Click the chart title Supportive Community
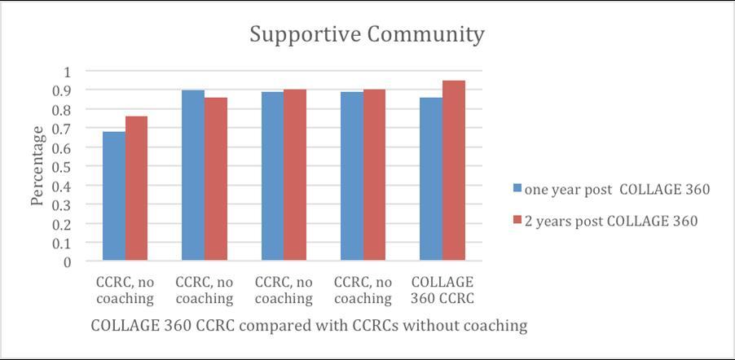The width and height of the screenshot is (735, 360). pos(367,35)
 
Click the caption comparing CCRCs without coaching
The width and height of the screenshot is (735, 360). pos(309,326)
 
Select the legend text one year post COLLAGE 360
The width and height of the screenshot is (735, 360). pos(618,190)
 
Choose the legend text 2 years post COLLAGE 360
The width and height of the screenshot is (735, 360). pos(611,221)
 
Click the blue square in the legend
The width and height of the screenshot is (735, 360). pos(517,189)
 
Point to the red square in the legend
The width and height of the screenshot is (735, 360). pos(517,221)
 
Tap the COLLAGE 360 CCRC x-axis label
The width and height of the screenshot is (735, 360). pos(442,290)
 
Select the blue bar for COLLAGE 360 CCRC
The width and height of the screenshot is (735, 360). pos(431,179)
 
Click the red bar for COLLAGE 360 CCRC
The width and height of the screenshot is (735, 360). pos(454,171)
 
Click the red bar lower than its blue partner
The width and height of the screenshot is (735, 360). pos(216,179)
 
